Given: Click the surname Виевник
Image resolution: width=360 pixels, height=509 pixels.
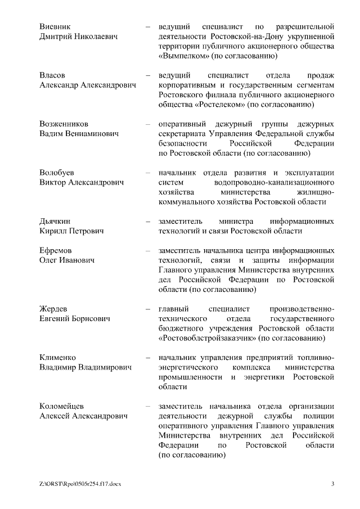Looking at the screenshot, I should (x=55, y=26).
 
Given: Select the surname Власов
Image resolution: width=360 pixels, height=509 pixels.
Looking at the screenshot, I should (x=52, y=75).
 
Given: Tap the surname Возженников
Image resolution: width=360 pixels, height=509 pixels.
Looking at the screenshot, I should (x=64, y=123).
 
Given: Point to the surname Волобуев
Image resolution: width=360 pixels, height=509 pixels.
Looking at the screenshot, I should (x=56, y=172).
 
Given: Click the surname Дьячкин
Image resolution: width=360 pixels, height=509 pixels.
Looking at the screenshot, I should (x=55, y=220).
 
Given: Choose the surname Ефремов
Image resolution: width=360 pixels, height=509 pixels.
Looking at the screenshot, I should (x=55, y=250).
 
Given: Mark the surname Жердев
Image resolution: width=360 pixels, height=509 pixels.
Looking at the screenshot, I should (x=53, y=309).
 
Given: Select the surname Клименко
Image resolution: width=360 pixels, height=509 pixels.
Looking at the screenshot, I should (x=57, y=357).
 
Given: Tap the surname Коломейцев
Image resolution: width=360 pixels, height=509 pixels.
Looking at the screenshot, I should (x=62, y=406).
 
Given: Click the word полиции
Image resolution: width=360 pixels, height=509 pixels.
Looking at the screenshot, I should (x=319, y=416).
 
